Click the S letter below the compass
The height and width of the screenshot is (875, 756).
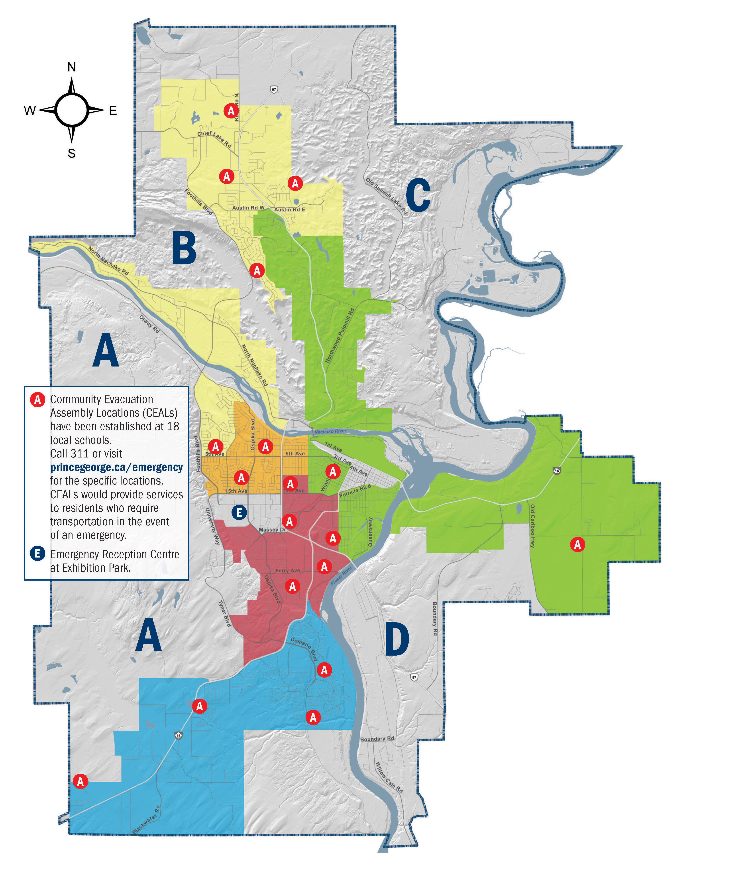pyautogui.click(x=72, y=154)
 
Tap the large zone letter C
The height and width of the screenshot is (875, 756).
pyautogui.click(x=418, y=195)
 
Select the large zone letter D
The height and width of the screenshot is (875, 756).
pyautogui.click(x=397, y=640)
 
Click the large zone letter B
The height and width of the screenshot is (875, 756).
pyautogui.click(x=184, y=248)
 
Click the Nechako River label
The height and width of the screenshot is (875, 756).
pyautogui.click(x=330, y=431)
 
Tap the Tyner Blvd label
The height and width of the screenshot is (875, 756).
pyautogui.click(x=224, y=613)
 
